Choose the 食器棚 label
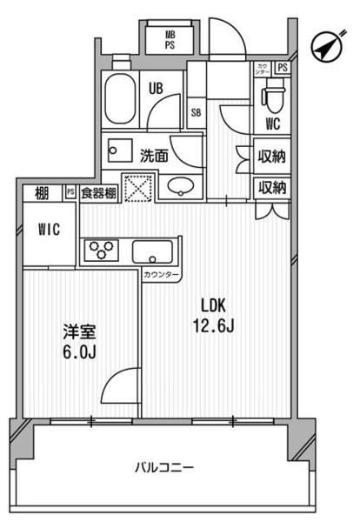coord(97,193)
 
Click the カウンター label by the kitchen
coord(163,276)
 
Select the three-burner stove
coord(102,252)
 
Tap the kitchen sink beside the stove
coord(155,253)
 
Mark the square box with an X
coord(137,188)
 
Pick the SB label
coord(196,112)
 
